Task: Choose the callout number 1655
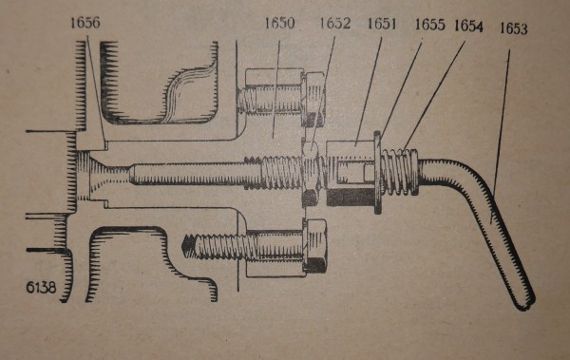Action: (x=432, y=27)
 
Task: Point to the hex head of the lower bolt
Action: (x=316, y=244)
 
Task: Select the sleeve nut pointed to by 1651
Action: (x=351, y=171)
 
